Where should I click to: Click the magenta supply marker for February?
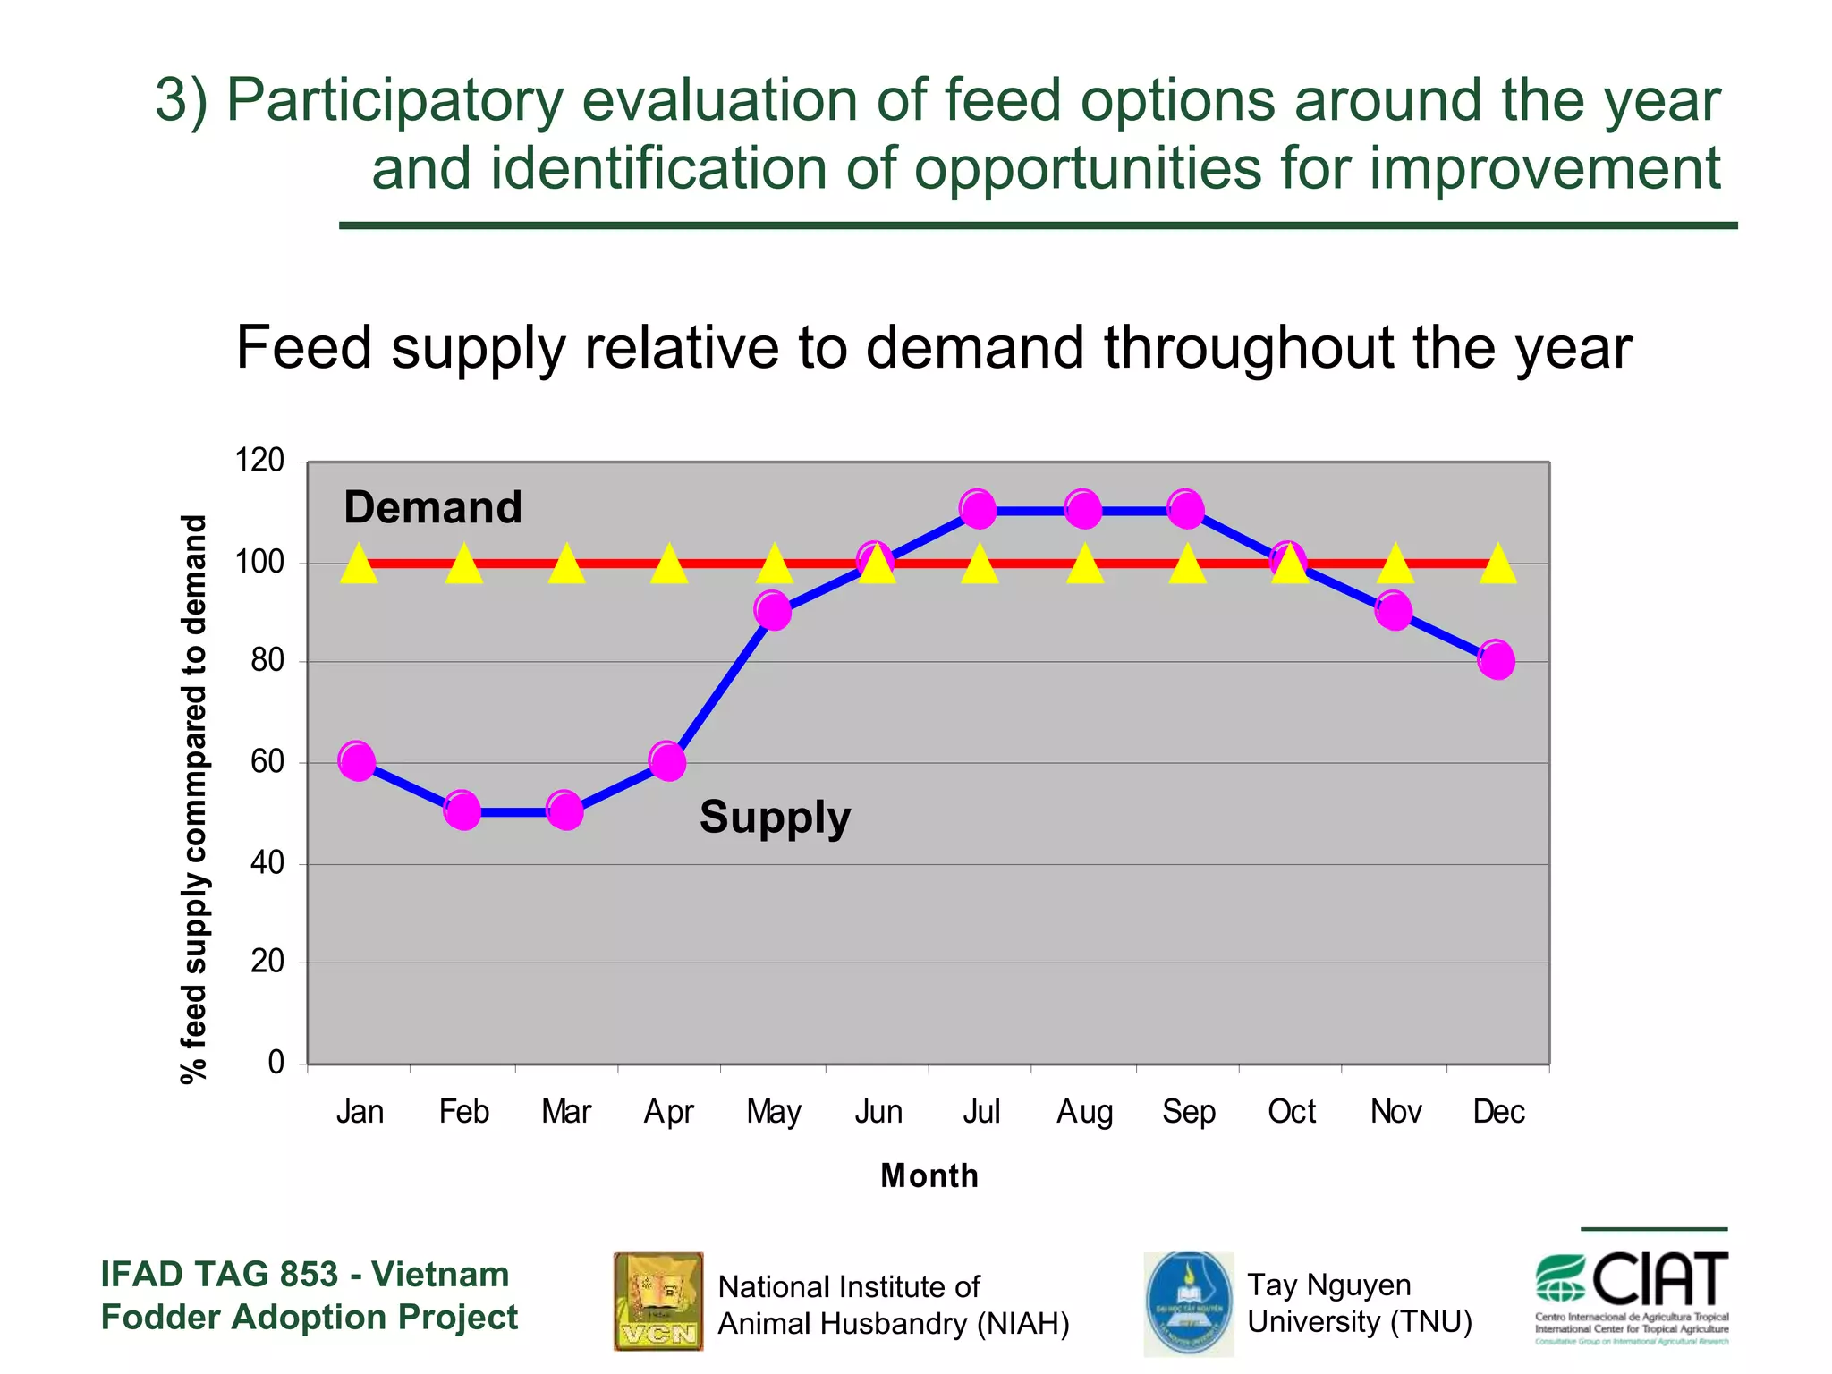(x=462, y=810)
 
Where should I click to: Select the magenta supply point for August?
(x=1083, y=509)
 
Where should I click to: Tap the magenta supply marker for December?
(x=1497, y=660)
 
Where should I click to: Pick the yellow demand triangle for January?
(x=359, y=565)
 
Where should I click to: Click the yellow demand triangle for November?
(x=1395, y=565)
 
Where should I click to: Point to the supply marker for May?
(x=773, y=611)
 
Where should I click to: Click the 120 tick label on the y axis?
(x=259, y=461)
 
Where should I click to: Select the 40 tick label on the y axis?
(x=267, y=863)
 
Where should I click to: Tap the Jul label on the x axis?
(x=981, y=1112)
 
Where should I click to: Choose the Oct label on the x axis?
(x=1292, y=1112)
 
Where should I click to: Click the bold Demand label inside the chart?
(x=433, y=508)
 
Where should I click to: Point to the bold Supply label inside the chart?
(x=775, y=818)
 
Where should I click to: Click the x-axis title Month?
(x=929, y=1175)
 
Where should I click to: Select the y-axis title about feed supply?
(x=194, y=798)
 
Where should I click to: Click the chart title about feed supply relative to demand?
(x=933, y=347)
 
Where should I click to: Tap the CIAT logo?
(x=1632, y=1296)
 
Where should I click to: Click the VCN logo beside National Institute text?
(x=658, y=1301)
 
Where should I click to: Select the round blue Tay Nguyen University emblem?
(x=1188, y=1302)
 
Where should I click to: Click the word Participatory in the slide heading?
(x=394, y=100)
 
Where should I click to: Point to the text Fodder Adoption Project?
(x=310, y=1318)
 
